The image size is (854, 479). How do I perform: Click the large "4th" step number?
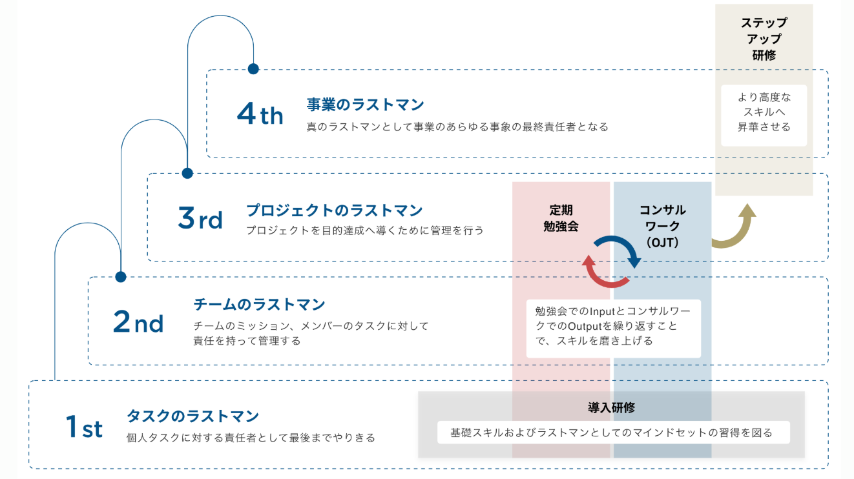click(x=260, y=115)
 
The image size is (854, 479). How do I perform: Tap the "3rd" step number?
click(x=200, y=219)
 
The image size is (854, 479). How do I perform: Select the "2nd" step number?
click(x=138, y=322)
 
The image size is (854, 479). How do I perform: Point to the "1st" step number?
click(x=84, y=427)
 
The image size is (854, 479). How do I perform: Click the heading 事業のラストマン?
click(x=365, y=105)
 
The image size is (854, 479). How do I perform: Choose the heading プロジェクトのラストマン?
click(x=334, y=210)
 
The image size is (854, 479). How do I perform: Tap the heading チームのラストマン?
click(x=259, y=304)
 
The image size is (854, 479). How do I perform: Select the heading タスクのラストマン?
click(x=193, y=416)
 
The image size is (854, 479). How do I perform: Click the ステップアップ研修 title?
click(x=764, y=39)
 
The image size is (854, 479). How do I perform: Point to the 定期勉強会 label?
click(x=561, y=218)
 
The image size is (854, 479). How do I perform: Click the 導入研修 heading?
click(x=611, y=408)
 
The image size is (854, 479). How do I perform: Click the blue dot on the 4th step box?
click(x=253, y=68)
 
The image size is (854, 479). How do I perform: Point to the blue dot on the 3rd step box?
click(x=187, y=173)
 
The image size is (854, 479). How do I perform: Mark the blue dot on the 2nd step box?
click(x=120, y=277)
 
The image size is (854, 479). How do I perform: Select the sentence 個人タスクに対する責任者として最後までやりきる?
click(x=251, y=438)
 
